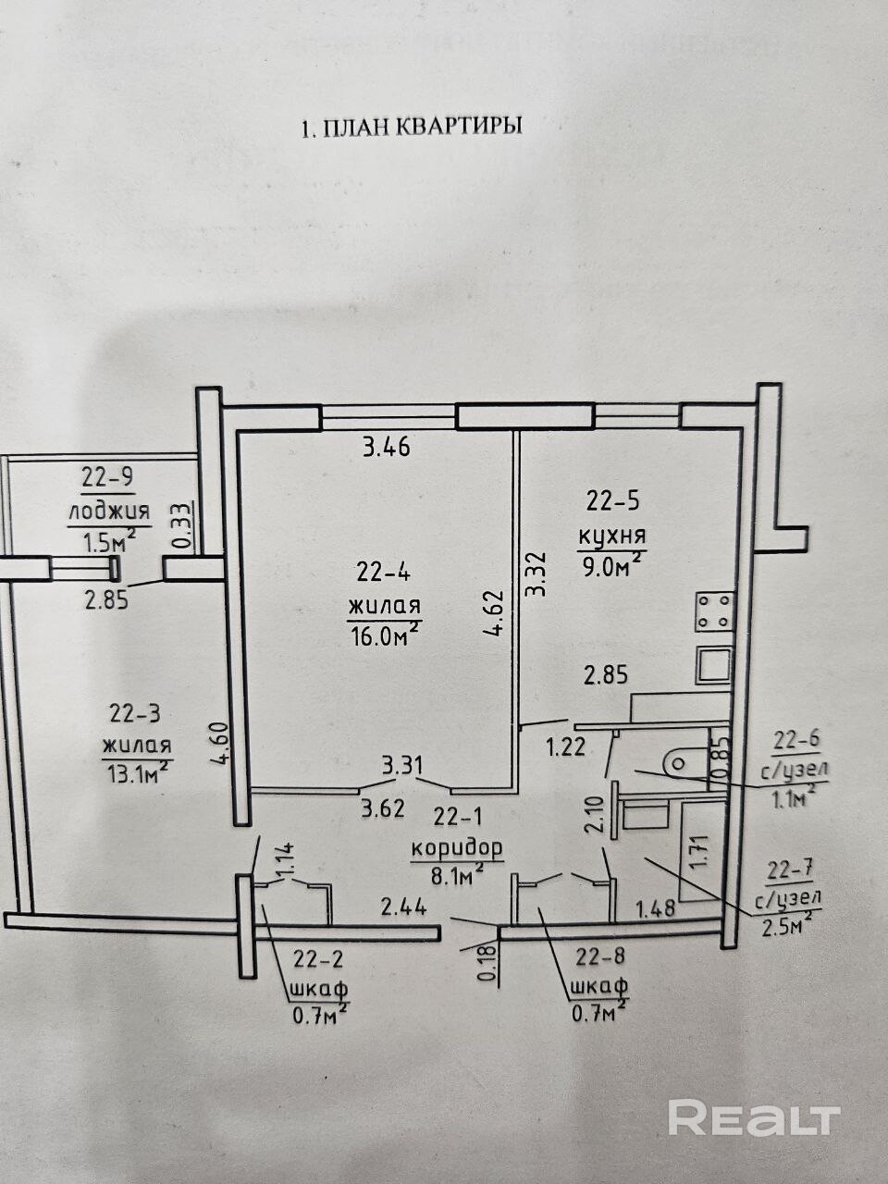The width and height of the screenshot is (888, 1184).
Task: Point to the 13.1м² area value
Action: tap(137, 771)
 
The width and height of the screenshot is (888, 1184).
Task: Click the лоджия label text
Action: tap(109, 511)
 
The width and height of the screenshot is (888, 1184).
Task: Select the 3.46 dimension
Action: tap(388, 447)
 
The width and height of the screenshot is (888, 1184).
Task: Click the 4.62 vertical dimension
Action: tap(494, 613)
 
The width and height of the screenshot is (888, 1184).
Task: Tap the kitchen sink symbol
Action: tap(714, 665)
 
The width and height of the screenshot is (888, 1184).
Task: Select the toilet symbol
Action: tap(685, 764)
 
